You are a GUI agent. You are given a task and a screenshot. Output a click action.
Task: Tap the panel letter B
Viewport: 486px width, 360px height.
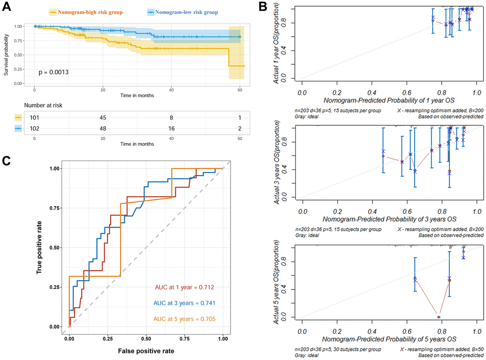[263, 6]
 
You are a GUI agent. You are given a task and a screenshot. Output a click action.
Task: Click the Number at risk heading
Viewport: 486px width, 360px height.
[44, 104]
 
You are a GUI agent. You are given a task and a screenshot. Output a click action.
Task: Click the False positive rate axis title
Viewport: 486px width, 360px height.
[146, 351]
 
